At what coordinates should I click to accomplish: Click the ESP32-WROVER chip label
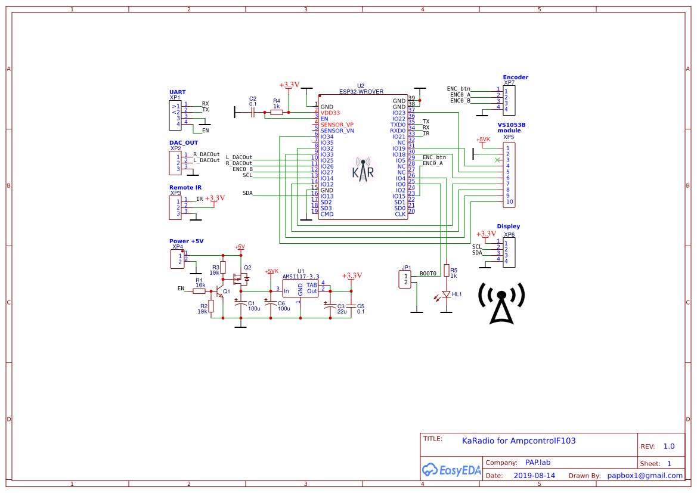[x=361, y=91]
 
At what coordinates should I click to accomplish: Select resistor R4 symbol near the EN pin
[x=276, y=112]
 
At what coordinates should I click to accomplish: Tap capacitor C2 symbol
[x=253, y=112]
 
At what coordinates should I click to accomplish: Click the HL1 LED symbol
[x=446, y=294]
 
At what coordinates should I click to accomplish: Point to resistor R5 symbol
[x=446, y=272]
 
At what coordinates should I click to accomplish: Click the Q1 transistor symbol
[x=221, y=292]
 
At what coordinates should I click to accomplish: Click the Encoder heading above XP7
[x=515, y=77]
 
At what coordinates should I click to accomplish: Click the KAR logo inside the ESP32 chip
[x=363, y=169]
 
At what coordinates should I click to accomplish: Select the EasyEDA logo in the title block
[x=451, y=470]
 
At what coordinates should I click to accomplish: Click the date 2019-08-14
[x=534, y=476]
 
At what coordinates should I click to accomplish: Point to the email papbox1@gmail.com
[x=645, y=476]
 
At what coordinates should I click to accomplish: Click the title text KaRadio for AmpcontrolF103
[x=519, y=441]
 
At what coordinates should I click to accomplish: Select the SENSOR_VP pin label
[x=337, y=125]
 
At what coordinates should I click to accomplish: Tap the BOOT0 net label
[x=428, y=274]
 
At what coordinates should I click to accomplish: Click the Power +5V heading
[x=186, y=241]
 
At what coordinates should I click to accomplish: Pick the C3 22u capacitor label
[x=341, y=309]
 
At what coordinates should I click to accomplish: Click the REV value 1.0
[x=669, y=447]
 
